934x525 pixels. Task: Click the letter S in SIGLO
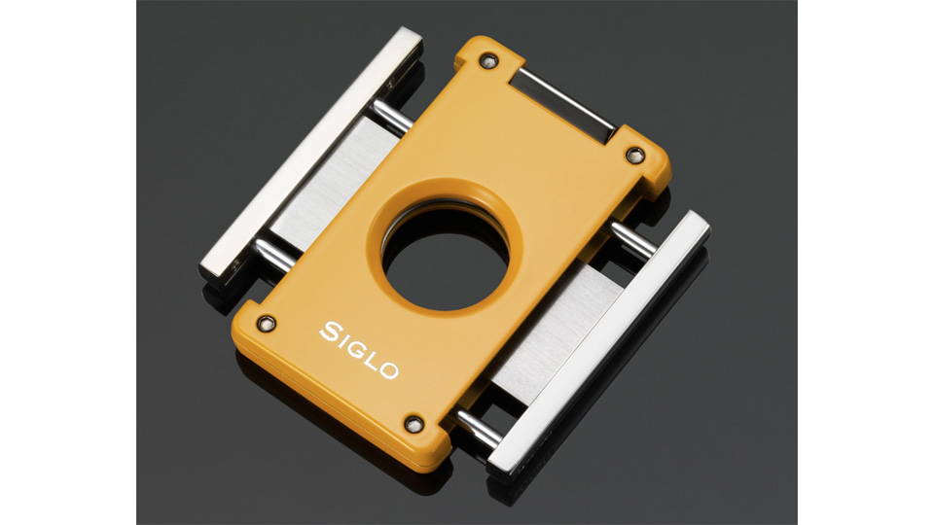pos(331,332)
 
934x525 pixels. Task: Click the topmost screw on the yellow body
pos(488,60)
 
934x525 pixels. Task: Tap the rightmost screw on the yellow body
pos(635,155)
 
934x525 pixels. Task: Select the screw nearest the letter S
pos(267,323)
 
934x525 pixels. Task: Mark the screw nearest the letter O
pos(413,424)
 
